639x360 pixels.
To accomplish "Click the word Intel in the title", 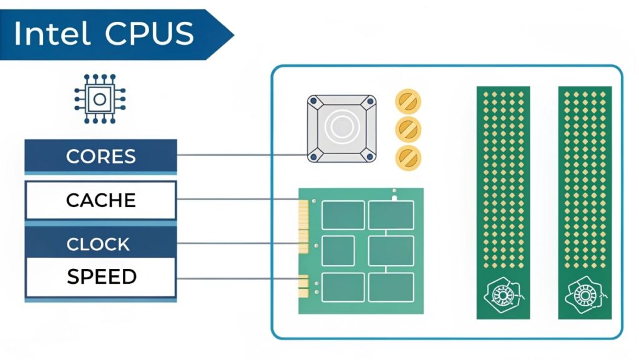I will point(52,34).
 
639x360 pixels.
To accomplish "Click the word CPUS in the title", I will point(149,34).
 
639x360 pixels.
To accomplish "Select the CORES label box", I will point(100,155).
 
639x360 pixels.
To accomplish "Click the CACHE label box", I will point(100,200).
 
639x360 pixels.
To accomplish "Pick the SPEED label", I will point(100,276).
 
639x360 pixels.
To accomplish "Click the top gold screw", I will point(408,101).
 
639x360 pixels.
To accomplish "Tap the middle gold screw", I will point(408,129).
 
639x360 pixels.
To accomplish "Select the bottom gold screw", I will point(408,157).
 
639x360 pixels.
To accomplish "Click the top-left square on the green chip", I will point(343,215).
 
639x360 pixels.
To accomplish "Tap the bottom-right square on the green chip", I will point(391,287).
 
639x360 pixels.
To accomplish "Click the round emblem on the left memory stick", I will point(503,294).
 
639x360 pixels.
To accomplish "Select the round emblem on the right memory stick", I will point(584,294).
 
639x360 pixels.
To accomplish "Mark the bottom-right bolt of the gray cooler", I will point(369,156).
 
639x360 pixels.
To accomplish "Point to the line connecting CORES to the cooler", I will point(240,155).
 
